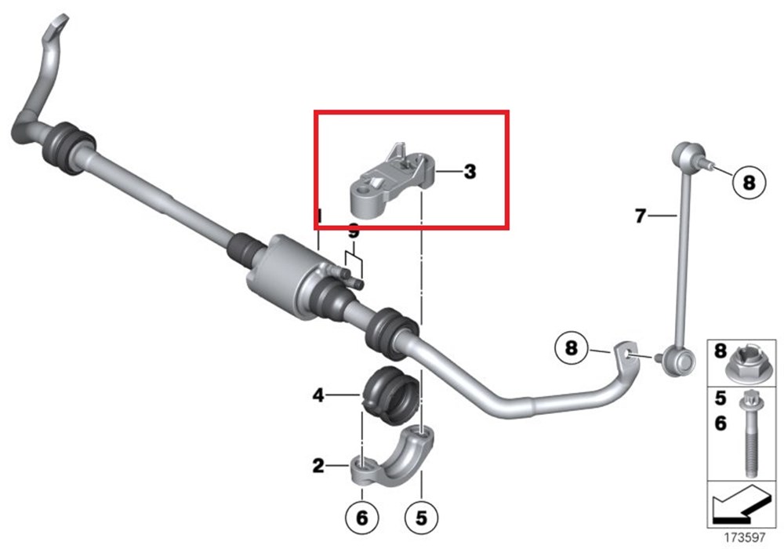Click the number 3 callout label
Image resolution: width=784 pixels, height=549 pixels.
tap(470, 171)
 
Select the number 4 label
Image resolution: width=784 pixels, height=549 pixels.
tap(318, 396)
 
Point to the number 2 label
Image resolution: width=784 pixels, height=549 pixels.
tap(318, 467)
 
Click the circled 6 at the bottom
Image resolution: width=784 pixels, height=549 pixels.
tap(361, 518)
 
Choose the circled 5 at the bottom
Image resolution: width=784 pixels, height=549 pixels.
tap(421, 518)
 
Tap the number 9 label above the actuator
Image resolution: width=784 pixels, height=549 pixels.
tap(354, 232)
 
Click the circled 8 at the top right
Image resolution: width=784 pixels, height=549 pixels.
tap(749, 184)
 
